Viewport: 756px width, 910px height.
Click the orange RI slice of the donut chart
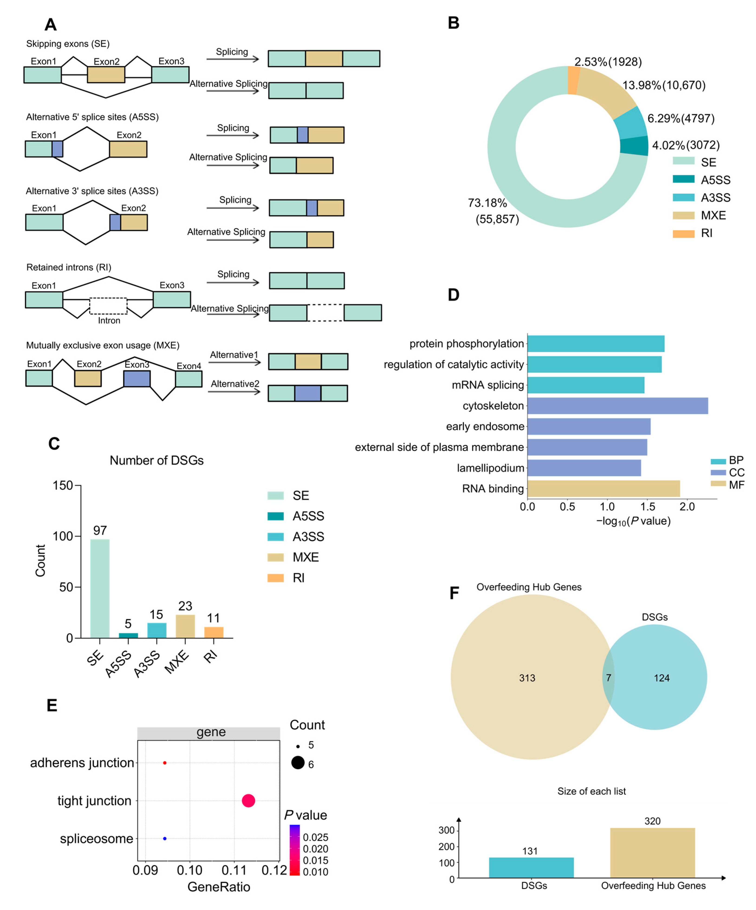coord(574,80)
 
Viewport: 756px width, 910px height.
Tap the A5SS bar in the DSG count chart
coord(128,635)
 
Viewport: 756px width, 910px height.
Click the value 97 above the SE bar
coord(100,530)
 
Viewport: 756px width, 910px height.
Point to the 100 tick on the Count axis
coord(63,536)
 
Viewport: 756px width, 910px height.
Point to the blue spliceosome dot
coord(165,839)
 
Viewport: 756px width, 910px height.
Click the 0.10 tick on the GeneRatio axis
coord(189,870)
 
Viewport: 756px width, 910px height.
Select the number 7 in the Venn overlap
coord(608,678)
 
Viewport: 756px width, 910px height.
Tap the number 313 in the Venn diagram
coord(527,678)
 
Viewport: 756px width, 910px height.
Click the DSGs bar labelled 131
coord(531,868)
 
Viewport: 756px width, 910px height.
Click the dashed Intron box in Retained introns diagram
coord(108,306)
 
